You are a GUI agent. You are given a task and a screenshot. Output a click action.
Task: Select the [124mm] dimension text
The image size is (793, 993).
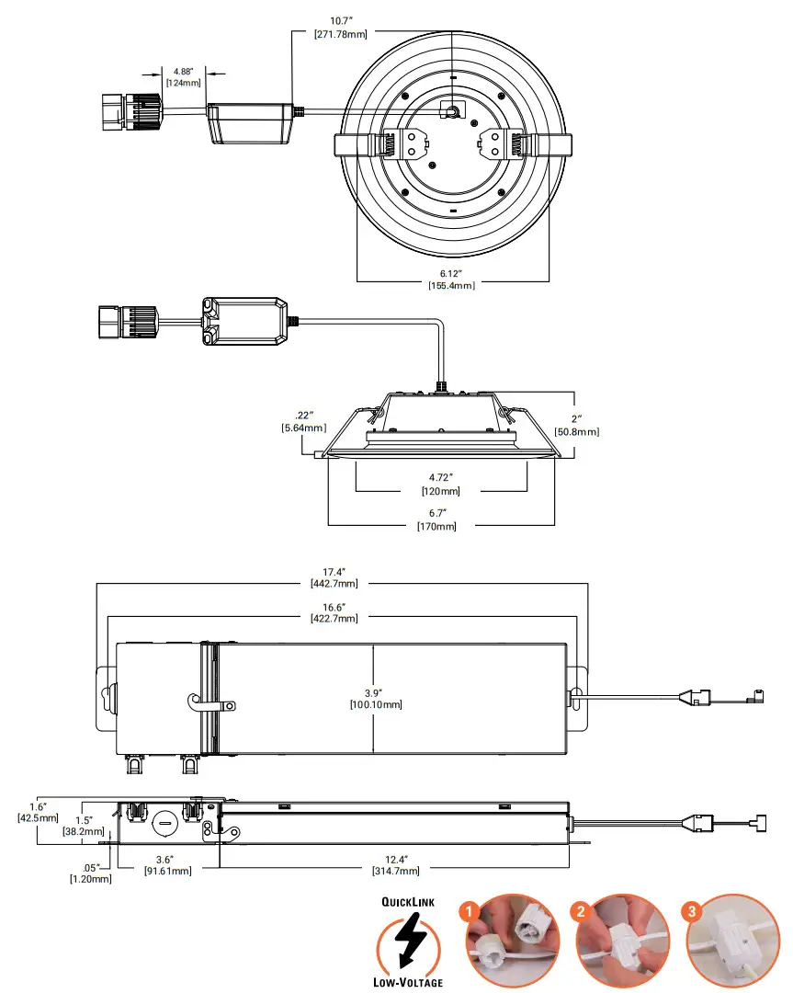click(x=182, y=83)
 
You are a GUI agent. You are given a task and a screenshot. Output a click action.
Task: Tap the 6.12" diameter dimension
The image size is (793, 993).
click(x=451, y=273)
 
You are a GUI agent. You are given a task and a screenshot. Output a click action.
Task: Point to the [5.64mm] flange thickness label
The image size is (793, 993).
click(x=303, y=428)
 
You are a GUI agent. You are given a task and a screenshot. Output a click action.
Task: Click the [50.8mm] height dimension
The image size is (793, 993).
click(x=577, y=431)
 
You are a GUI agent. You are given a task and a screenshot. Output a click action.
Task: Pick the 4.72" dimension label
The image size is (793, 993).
click(x=441, y=478)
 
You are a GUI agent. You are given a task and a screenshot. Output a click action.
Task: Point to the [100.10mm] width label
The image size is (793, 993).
click(x=375, y=704)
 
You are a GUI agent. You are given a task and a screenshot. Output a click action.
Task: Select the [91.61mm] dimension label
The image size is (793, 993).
click(x=167, y=871)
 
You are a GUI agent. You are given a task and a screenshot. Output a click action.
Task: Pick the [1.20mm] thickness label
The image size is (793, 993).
click(x=90, y=879)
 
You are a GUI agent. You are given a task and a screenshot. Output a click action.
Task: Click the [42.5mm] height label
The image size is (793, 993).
click(x=38, y=817)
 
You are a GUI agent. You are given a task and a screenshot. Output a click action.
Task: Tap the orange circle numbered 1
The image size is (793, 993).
click(x=470, y=911)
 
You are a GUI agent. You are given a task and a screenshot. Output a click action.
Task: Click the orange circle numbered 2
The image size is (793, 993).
click(x=580, y=911)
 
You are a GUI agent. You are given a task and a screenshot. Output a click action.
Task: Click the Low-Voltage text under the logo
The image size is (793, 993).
click(x=409, y=982)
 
